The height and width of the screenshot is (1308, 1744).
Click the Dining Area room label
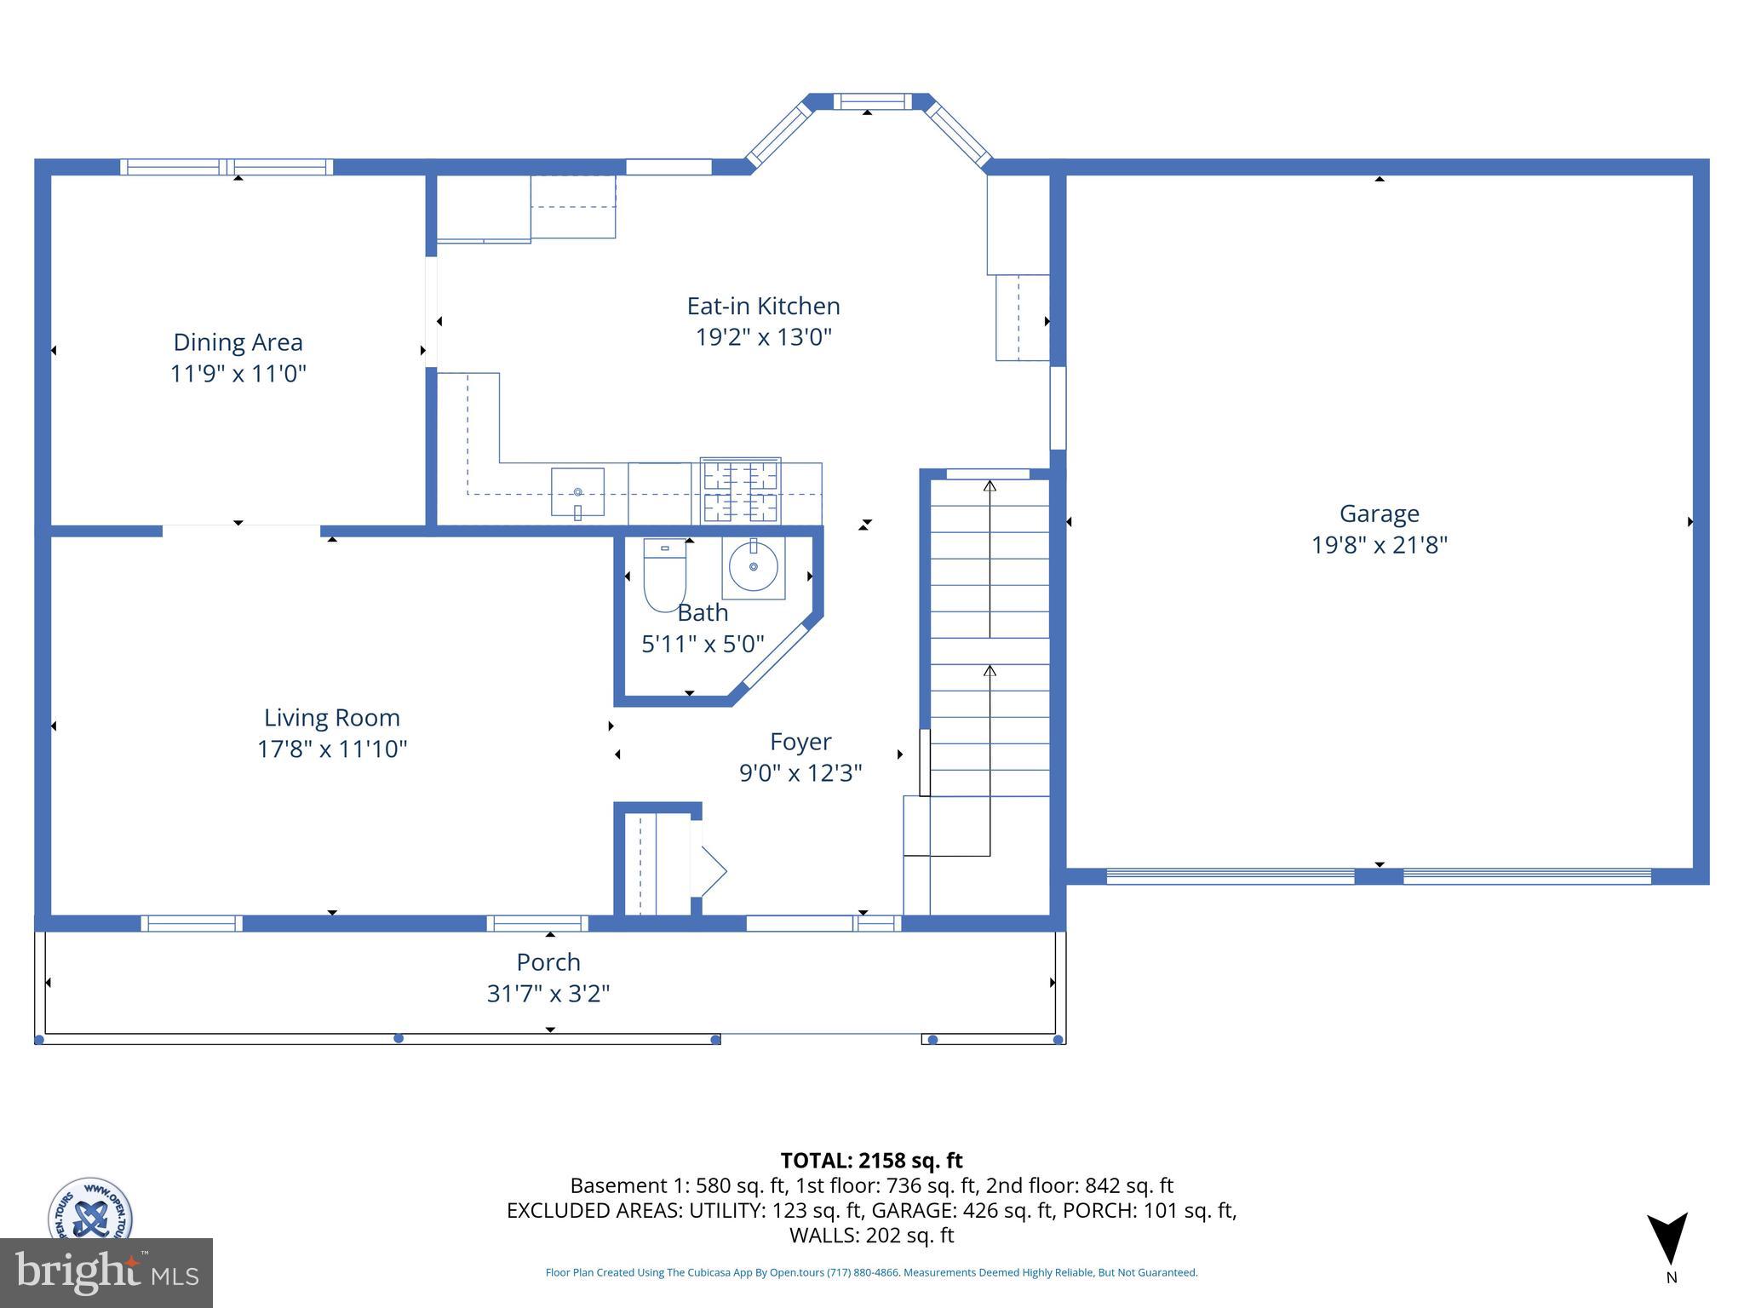coord(238,342)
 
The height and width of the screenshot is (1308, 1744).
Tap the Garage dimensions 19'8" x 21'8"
coord(1379,545)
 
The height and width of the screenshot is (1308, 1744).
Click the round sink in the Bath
coord(753,567)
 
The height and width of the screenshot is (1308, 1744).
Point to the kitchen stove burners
coord(740,491)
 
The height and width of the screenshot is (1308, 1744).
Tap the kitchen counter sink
coord(577,492)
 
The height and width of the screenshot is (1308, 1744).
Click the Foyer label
coord(800,742)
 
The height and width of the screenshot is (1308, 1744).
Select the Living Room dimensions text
coord(332,749)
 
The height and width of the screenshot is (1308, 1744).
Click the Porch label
coord(548,962)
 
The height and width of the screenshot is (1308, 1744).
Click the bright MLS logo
coord(106,1272)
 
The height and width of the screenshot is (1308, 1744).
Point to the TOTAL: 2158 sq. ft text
coord(871,1161)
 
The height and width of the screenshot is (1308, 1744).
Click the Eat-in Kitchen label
coord(763,307)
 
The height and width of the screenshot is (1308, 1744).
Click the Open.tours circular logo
coord(89,1209)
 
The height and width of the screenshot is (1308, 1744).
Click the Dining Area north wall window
coord(226,167)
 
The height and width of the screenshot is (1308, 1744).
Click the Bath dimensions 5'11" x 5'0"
coord(703,644)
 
